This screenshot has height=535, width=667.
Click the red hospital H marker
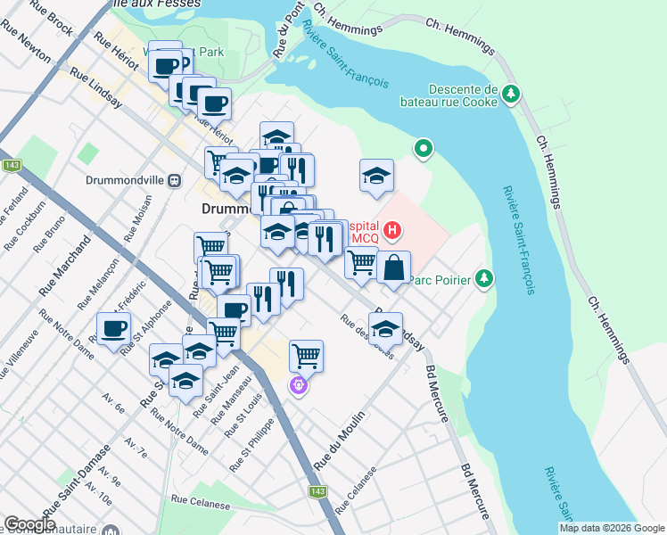point(391,233)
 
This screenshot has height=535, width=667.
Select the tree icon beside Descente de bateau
point(512,93)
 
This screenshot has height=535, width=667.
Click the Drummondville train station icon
point(175,179)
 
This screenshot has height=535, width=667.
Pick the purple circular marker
point(298,385)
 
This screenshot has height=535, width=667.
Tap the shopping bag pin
point(393,267)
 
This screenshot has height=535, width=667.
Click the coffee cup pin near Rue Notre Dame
point(114,328)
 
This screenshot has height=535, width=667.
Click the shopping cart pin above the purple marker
point(306,355)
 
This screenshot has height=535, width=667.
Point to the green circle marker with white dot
point(424,148)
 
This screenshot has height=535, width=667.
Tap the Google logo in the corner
point(29,524)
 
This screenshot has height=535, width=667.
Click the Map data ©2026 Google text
point(611,528)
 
